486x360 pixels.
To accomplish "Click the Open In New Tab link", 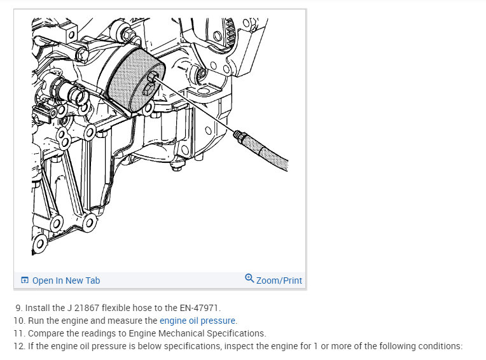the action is [66, 280].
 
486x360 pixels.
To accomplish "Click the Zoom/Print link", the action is [279, 280].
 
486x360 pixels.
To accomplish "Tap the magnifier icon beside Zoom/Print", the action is [249, 278].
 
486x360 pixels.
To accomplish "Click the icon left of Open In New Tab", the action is [24, 280].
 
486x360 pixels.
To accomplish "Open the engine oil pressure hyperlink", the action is [197, 321].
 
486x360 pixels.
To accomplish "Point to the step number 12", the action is [18, 346].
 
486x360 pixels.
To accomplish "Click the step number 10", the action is [18, 321].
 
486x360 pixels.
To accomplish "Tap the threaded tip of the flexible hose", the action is [239, 135].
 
